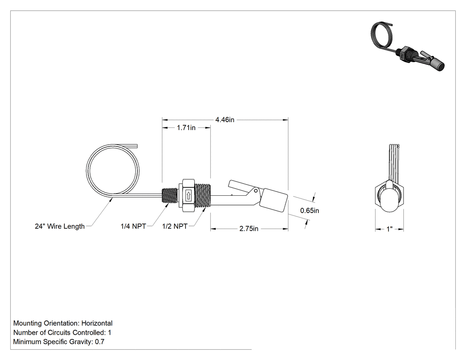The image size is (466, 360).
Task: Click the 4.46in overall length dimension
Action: click(225, 119)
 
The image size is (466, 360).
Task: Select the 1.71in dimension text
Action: click(186, 127)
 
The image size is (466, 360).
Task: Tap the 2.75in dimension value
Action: click(249, 229)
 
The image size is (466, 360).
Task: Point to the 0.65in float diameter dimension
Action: click(310, 210)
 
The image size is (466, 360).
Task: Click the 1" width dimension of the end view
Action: click(389, 229)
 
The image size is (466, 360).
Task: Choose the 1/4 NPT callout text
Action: click(133, 226)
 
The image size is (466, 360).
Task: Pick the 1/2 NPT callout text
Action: click(175, 226)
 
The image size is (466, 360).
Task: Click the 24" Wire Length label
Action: click(60, 226)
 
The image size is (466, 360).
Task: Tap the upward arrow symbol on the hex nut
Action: click(188, 196)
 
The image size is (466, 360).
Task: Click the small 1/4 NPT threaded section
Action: click(170, 196)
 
